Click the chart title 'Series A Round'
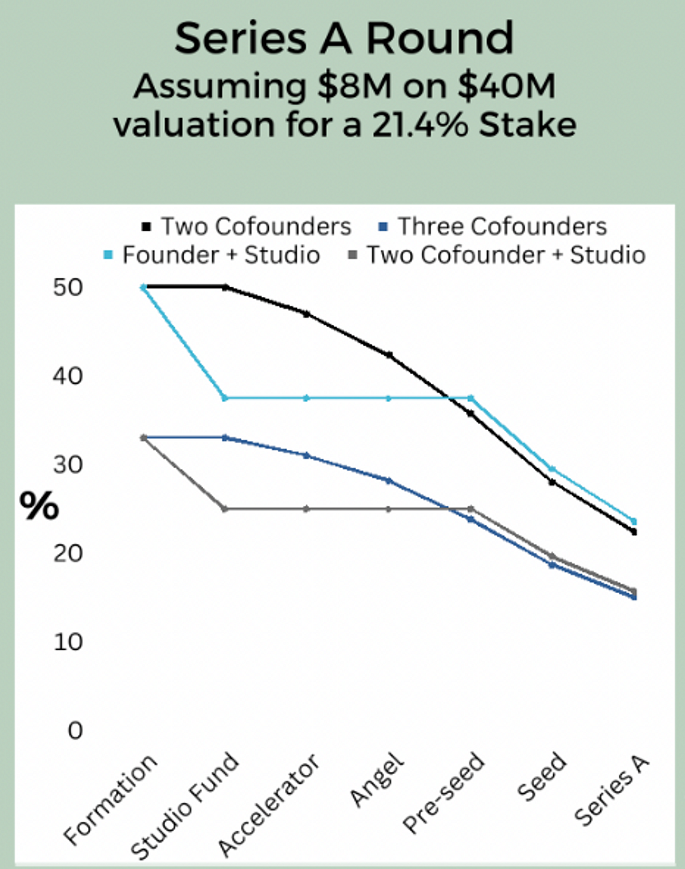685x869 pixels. click(344, 39)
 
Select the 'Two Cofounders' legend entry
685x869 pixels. click(247, 227)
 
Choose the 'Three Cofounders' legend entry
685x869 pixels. click(493, 227)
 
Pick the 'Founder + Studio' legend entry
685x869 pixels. click(213, 255)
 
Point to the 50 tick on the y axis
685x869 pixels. click(68, 287)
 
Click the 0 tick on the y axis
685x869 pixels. click(75, 730)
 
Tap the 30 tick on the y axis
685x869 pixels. click(68, 465)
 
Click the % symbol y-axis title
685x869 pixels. click(39, 505)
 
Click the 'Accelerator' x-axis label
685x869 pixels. click(269, 805)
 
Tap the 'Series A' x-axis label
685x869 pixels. click(612, 790)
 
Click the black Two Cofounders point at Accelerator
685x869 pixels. click(307, 314)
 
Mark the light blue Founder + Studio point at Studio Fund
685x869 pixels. click(225, 398)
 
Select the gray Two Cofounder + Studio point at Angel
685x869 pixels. click(389, 509)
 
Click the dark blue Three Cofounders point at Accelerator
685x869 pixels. click(307, 456)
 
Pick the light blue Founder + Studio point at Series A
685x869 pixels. click(634, 521)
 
